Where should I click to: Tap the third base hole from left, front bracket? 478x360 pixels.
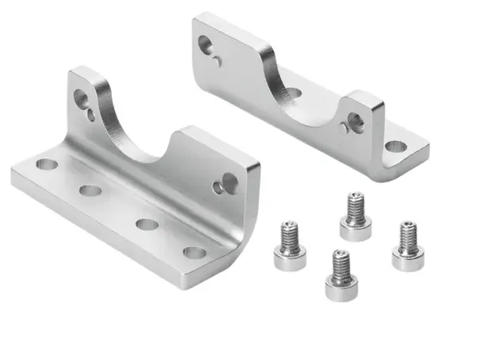[147, 224]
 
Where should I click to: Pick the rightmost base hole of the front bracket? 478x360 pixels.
[194, 252]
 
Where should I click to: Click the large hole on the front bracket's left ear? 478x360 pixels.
[80, 99]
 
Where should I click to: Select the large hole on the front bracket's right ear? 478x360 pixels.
[229, 182]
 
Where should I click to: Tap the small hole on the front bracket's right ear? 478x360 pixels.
[217, 188]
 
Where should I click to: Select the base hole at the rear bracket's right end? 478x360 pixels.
[394, 147]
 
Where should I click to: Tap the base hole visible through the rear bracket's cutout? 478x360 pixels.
[292, 93]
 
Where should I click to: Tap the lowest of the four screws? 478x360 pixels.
[341, 276]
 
